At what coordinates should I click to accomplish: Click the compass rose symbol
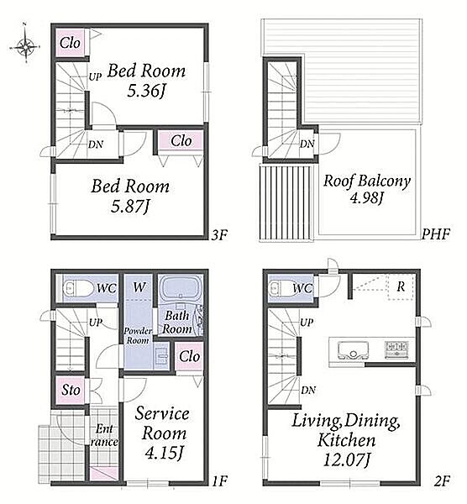(x=25, y=46)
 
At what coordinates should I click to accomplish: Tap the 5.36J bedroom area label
(x=146, y=92)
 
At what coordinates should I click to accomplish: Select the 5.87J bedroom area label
(x=130, y=207)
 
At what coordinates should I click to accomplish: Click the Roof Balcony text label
(x=367, y=181)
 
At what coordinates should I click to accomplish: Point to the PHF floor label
(x=435, y=234)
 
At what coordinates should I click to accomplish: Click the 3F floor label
(x=219, y=235)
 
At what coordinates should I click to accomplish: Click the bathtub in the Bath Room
(x=180, y=288)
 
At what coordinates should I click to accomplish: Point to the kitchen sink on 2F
(x=353, y=350)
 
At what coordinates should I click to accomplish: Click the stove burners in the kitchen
(x=397, y=349)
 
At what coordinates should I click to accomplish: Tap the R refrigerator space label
(x=401, y=286)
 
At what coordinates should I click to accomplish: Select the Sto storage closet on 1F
(x=71, y=390)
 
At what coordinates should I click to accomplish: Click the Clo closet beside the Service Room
(x=189, y=356)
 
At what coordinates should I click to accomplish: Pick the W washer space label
(x=139, y=286)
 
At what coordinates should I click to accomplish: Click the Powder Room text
(x=138, y=335)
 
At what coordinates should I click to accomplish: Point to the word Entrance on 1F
(x=104, y=435)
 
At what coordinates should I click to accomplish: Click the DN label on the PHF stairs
(x=307, y=144)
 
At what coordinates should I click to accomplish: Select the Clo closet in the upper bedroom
(x=70, y=43)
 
